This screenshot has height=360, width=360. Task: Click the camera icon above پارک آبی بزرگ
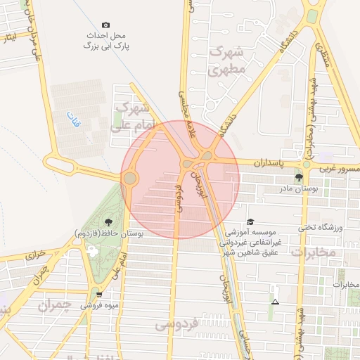point(105,25)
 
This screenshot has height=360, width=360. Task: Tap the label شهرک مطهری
point(226,61)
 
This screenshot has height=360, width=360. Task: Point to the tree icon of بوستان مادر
point(300,178)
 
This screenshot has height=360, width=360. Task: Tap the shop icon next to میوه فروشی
point(98,295)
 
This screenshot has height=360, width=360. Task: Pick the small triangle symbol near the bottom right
point(275,302)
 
